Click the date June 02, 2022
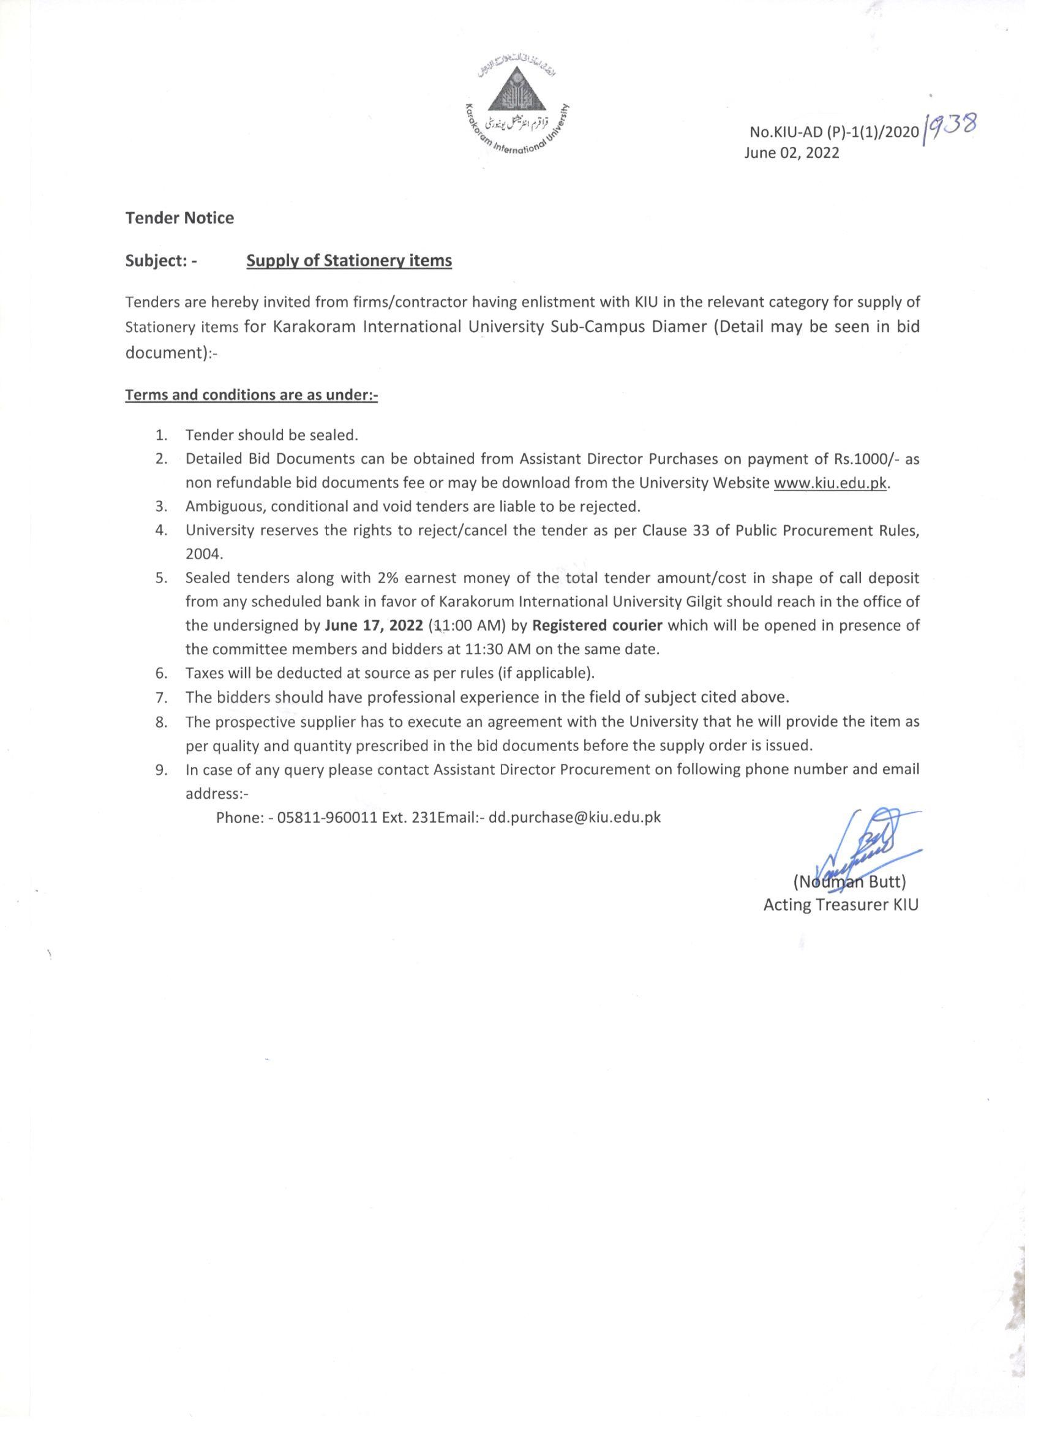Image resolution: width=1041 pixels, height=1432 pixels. click(792, 153)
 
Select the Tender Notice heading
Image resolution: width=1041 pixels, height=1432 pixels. click(180, 218)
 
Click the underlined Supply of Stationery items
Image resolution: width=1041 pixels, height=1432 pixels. click(349, 261)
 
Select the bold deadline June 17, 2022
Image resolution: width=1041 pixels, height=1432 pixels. click(374, 626)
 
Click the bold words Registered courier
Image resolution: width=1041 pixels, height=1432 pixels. click(597, 626)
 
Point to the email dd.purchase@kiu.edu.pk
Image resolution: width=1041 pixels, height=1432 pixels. click(575, 817)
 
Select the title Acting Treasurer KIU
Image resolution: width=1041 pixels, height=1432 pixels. click(841, 905)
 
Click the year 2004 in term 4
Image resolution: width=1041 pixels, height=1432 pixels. click(204, 554)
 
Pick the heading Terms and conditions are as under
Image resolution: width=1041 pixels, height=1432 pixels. click(251, 395)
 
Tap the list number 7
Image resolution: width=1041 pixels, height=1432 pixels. click(161, 698)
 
